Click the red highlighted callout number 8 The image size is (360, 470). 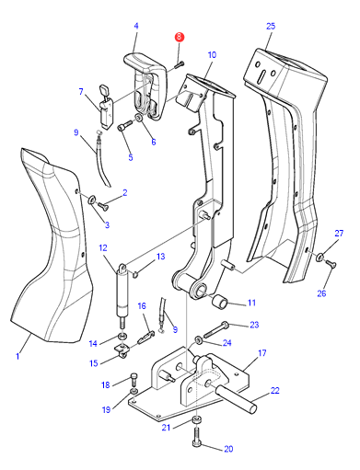coord(179,38)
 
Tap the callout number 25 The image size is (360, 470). coord(271,26)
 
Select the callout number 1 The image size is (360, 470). coord(17,356)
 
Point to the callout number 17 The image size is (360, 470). coord(261,353)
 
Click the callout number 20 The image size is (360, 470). coord(228,449)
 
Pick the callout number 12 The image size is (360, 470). coord(103,247)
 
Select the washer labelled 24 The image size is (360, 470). coord(199,340)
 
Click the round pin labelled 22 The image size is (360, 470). coord(236,399)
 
